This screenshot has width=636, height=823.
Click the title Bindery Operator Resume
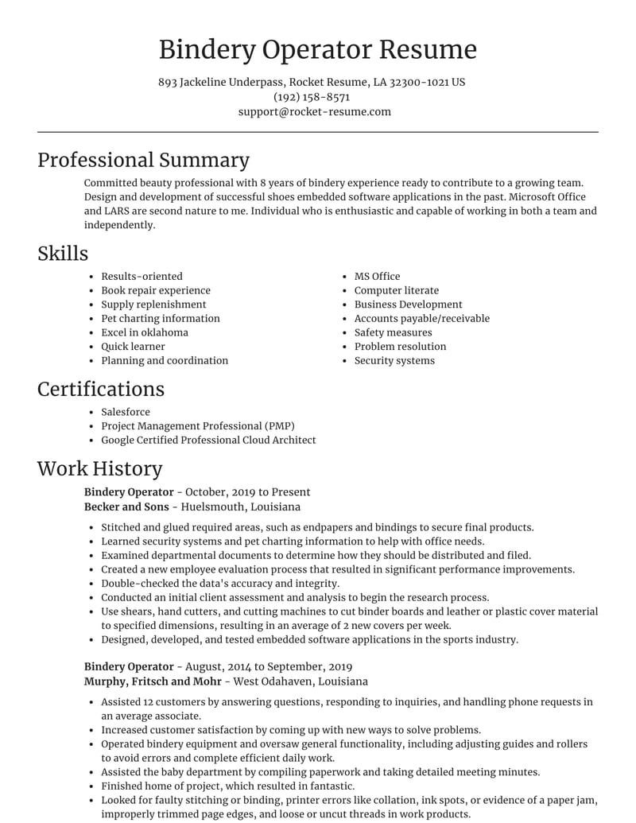tap(318, 49)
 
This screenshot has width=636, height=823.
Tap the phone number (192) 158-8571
tap(312, 97)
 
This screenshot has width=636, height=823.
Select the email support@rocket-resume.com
tap(315, 112)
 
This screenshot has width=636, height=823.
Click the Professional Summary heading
tap(143, 160)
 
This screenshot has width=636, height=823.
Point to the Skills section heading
tap(63, 254)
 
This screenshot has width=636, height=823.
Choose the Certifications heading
tap(101, 389)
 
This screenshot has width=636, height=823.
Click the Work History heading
tap(99, 468)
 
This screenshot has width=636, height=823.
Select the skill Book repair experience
tap(156, 291)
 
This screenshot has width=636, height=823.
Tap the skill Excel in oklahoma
tap(145, 332)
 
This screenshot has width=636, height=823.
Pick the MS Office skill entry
tap(377, 277)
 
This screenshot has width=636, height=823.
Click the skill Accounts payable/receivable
tap(422, 319)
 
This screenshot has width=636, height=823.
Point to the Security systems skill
tap(394, 361)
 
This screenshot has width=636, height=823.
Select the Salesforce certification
tap(126, 412)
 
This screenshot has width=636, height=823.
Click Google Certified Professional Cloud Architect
tap(208, 440)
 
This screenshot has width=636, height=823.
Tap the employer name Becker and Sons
tap(126, 507)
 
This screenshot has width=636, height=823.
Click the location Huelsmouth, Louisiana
tap(241, 507)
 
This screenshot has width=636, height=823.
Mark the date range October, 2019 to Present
tap(248, 492)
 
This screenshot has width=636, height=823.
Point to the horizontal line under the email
tap(318, 132)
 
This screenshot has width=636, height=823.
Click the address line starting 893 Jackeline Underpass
tap(312, 82)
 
